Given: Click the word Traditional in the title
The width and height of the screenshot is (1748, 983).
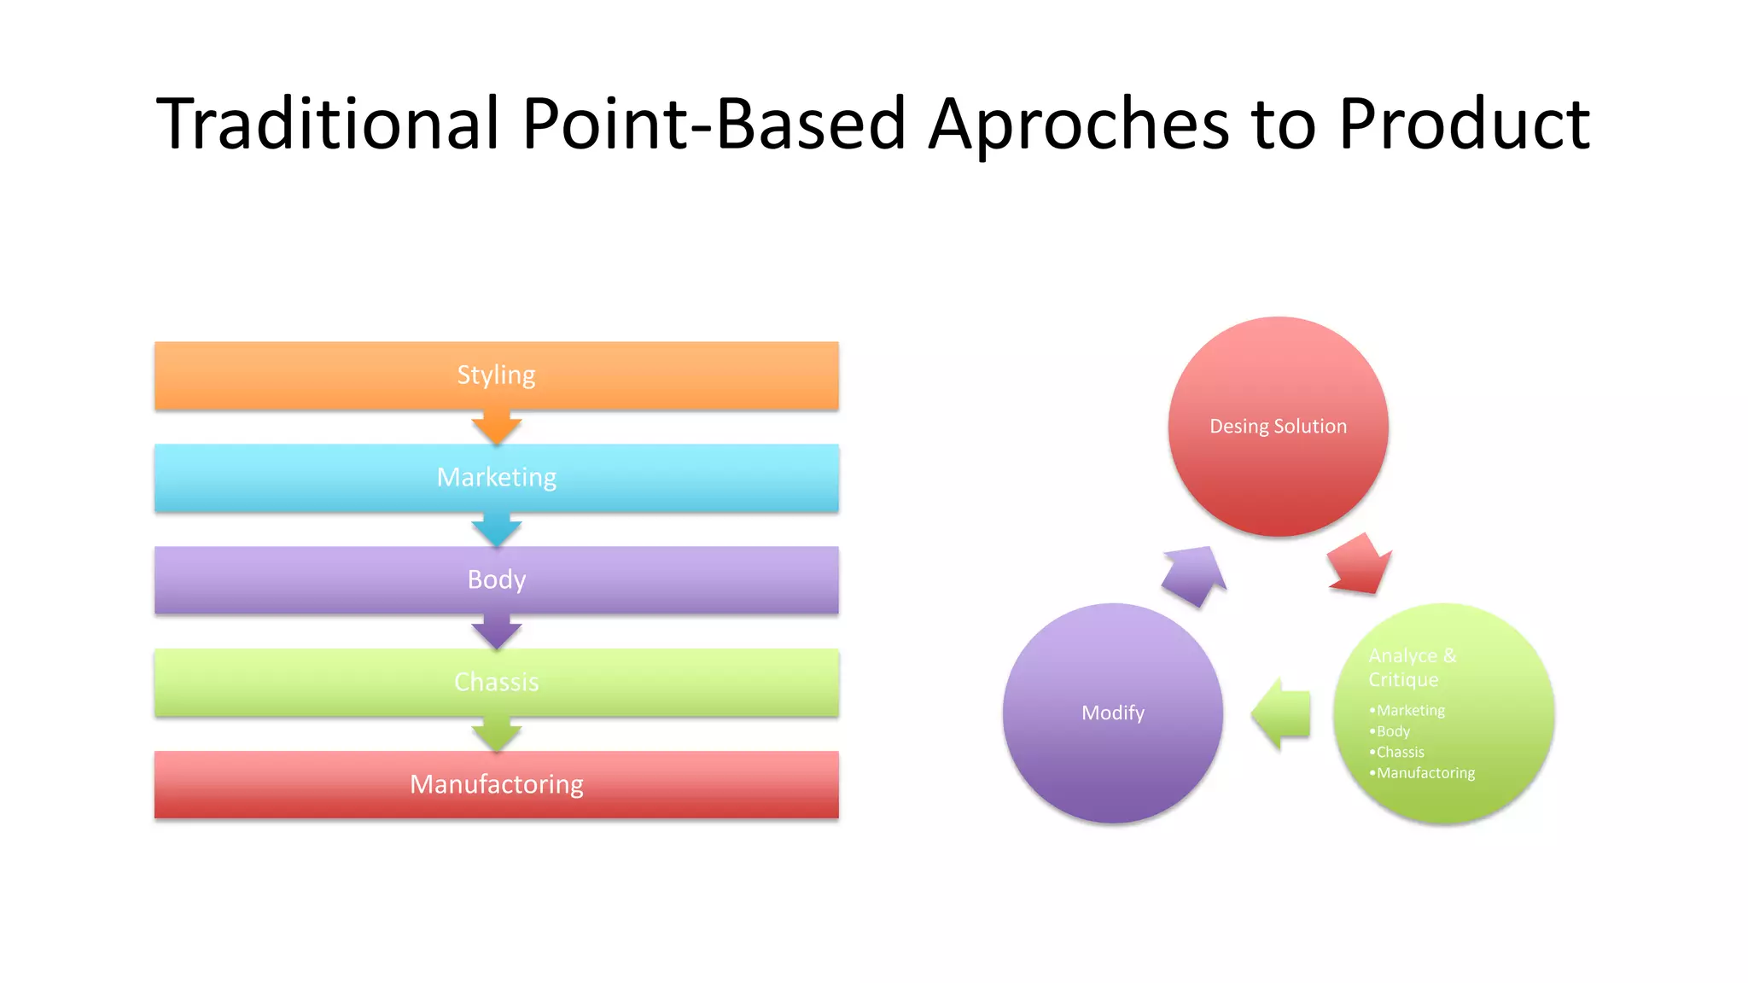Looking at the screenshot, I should tap(327, 124).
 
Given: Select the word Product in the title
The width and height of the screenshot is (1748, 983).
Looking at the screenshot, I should tap(1464, 124).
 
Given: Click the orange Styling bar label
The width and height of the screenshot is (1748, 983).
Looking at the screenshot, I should tap(496, 375).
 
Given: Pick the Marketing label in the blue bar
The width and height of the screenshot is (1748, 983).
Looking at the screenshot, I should tap(496, 478).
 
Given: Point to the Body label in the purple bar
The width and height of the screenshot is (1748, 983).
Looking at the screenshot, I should tap(496, 580).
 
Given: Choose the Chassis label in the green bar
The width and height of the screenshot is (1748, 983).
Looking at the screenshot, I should tap(496, 683).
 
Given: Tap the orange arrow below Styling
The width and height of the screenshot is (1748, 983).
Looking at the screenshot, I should tap(497, 427).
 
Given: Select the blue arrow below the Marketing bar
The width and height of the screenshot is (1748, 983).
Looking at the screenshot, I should tap(497, 529).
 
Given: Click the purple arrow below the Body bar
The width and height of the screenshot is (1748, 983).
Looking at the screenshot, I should tap(497, 631).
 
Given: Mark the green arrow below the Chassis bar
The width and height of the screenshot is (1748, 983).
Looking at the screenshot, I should tap(497, 734).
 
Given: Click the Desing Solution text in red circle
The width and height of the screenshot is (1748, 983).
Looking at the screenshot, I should tap(1278, 427).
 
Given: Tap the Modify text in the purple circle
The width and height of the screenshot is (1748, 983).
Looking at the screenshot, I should tap(1113, 713).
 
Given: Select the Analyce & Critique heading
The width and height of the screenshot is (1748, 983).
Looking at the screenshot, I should tap(1412, 667).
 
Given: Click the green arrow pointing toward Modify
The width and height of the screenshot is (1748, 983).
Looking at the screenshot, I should tap(1282, 714).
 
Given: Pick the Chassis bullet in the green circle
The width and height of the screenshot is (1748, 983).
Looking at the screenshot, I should tap(1400, 753).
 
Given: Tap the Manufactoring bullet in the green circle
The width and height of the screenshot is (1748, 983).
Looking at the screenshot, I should tap(1425, 773).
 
